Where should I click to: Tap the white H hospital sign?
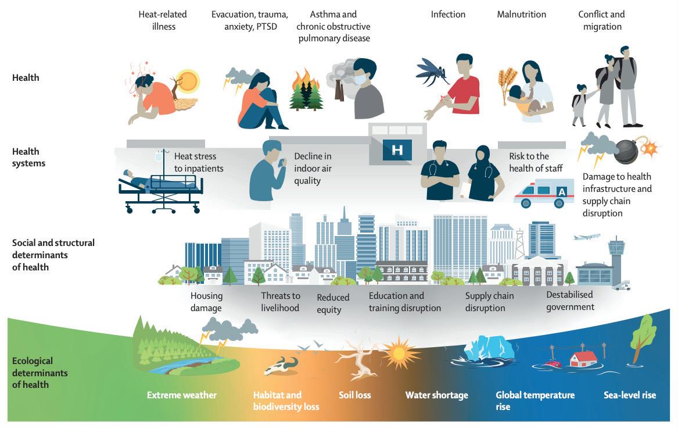397,149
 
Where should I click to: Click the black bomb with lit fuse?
626,151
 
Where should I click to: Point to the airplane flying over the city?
587,237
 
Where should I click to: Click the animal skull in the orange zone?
281,367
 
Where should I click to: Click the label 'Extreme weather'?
181,395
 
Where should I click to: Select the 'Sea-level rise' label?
629,395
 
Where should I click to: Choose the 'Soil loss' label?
354,395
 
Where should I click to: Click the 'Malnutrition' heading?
521,15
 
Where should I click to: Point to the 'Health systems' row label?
28,158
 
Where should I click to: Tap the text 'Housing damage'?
206,302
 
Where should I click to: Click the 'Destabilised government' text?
570,301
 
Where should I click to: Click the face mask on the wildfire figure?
360,78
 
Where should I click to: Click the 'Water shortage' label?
436,395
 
